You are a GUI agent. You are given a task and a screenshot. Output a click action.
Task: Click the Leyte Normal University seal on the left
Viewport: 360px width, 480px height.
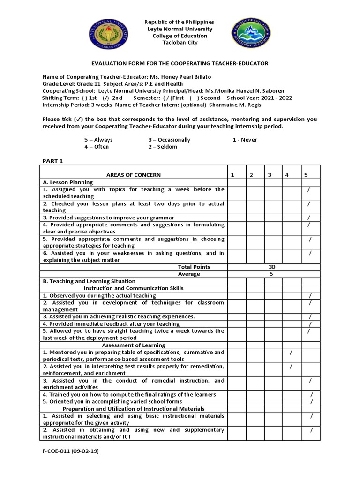pyautogui.click(x=111, y=36)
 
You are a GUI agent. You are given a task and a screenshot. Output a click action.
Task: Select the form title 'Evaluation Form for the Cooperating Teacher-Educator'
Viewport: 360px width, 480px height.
pyautogui.click(x=180, y=63)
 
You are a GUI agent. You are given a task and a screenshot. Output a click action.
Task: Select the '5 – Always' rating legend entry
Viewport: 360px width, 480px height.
pyautogui.click(x=98, y=140)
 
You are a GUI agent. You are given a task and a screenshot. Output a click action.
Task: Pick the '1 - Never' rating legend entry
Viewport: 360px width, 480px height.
pyautogui.click(x=245, y=140)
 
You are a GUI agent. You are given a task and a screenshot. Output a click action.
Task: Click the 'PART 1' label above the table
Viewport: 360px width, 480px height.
pyautogui.click(x=52, y=161)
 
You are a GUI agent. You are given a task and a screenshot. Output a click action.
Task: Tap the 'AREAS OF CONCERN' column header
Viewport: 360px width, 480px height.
pyautogui.click(x=133, y=175)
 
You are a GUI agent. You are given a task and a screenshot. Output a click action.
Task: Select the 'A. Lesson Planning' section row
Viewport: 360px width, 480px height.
pyautogui.click(x=67, y=182)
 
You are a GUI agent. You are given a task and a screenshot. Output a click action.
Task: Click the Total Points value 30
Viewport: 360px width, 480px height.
pyautogui.click(x=273, y=267)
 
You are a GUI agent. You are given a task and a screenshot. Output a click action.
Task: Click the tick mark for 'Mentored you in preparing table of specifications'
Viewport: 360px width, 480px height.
pyautogui.click(x=291, y=352)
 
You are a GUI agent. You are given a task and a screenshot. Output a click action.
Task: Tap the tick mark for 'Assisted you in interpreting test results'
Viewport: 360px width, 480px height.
pyautogui.click(x=291, y=366)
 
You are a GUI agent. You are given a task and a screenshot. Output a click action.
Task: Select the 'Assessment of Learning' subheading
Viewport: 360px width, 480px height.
pyautogui.click(x=133, y=345)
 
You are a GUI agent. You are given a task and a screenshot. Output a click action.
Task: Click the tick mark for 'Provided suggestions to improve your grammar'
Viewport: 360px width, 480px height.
pyautogui.click(x=308, y=218)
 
